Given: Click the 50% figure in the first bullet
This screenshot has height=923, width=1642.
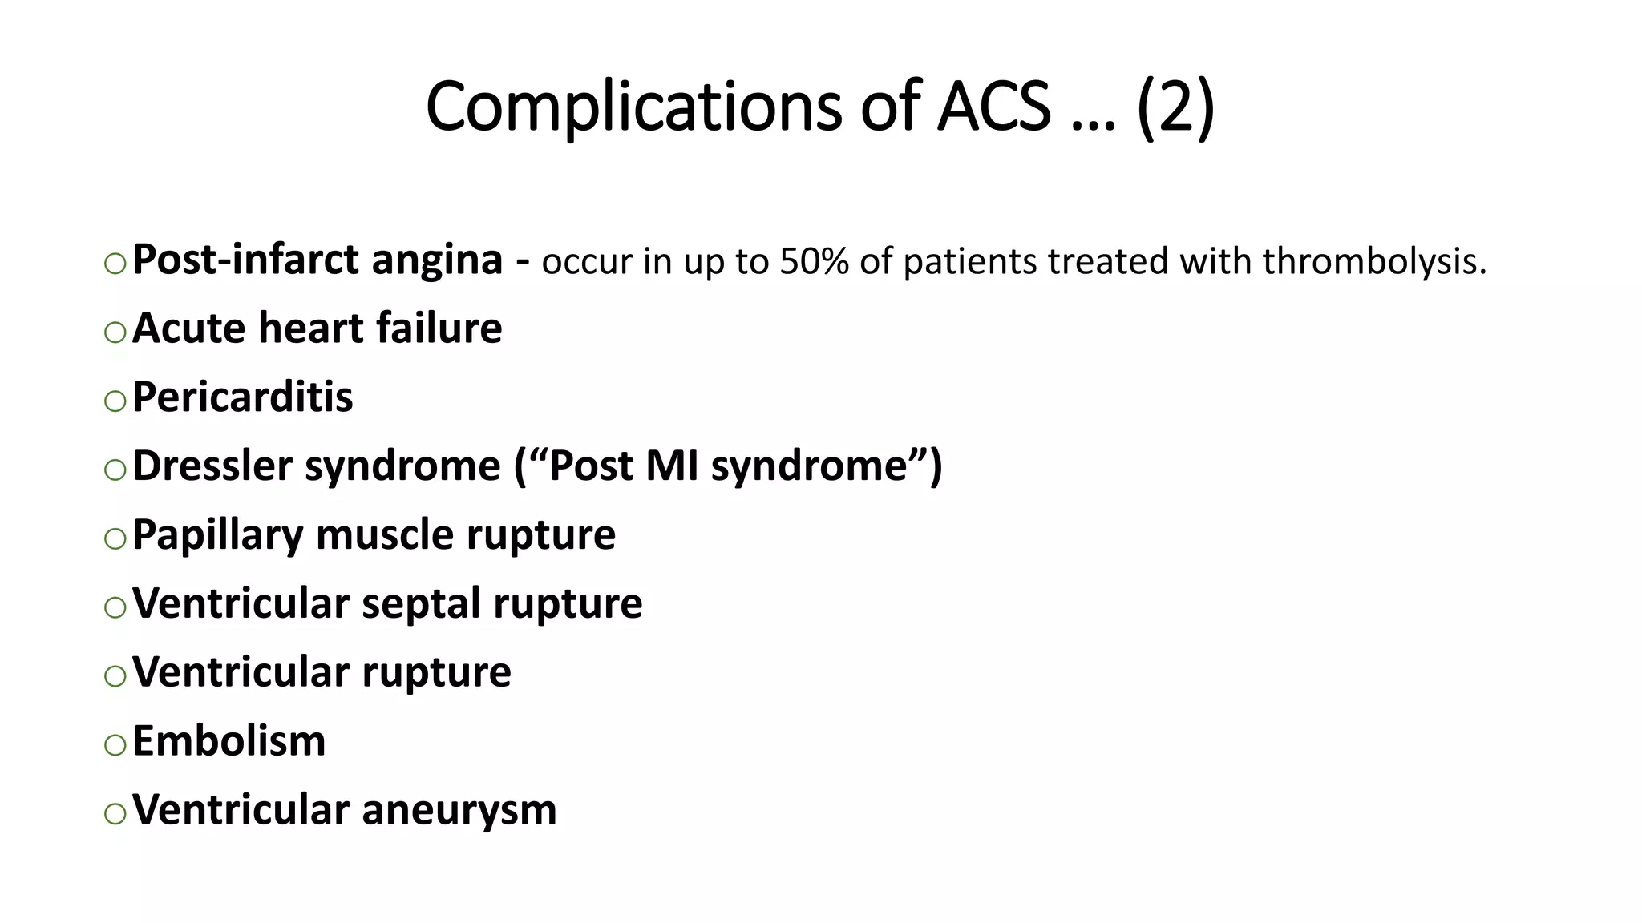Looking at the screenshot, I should pyautogui.click(x=814, y=262).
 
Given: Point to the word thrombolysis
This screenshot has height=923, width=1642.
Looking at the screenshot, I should pyautogui.click(x=1374, y=262).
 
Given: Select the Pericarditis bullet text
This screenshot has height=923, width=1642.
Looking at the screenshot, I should pyautogui.click(x=242, y=397).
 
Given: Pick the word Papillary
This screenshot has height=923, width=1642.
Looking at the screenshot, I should pyautogui.click(x=217, y=534).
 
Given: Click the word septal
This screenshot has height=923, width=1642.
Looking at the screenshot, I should pyautogui.click(x=421, y=603).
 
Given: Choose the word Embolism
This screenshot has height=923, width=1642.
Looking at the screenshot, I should pyautogui.click(x=229, y=741).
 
